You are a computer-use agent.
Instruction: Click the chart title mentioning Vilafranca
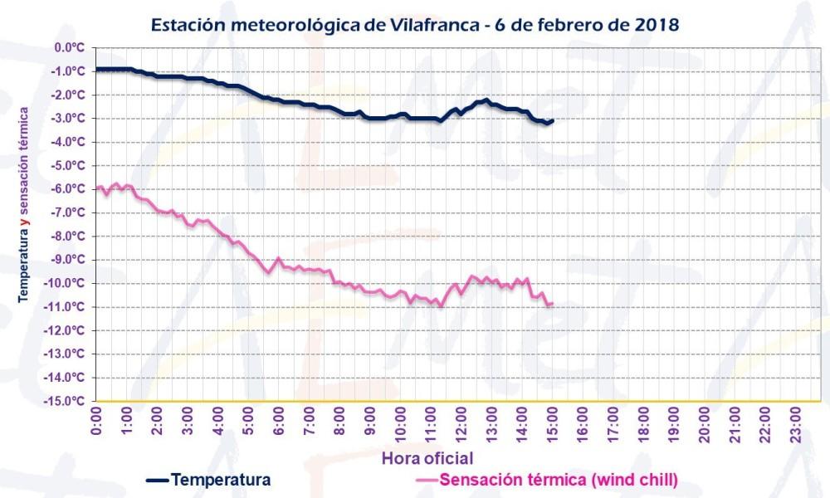pyautogui.click(x=415, y=24)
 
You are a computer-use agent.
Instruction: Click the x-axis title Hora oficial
pyautogui.click(x=427, y=458)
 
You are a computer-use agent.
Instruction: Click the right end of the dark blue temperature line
pyautogui.click(x=553, y=120)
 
